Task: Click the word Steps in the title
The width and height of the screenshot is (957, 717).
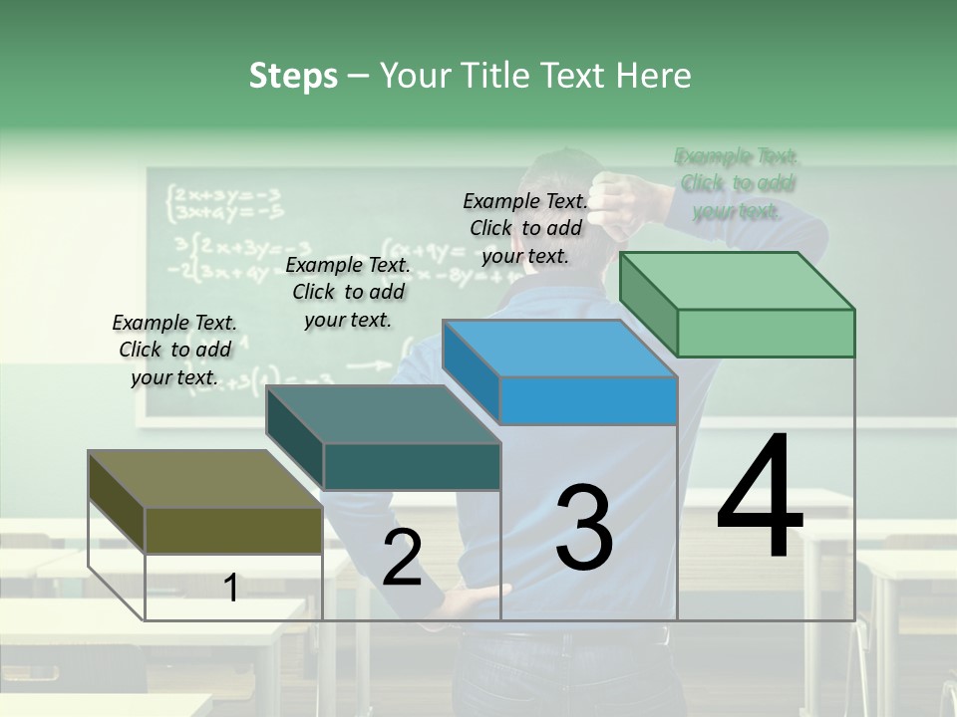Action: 293,76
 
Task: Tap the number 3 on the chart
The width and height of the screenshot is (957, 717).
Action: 584,527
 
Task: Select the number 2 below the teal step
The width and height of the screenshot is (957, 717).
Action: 402,558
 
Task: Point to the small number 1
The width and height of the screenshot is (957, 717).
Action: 230,588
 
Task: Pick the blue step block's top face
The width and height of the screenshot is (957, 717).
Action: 559,349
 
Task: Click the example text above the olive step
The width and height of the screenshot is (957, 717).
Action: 174,350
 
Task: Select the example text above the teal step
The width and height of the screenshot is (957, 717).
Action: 348,292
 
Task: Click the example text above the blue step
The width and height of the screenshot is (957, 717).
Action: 525,228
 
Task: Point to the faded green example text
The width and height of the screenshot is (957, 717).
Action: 737,183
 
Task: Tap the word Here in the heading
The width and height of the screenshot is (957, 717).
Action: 654,76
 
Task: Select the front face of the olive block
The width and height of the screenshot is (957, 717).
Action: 233,529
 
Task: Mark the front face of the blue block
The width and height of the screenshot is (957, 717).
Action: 588,400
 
